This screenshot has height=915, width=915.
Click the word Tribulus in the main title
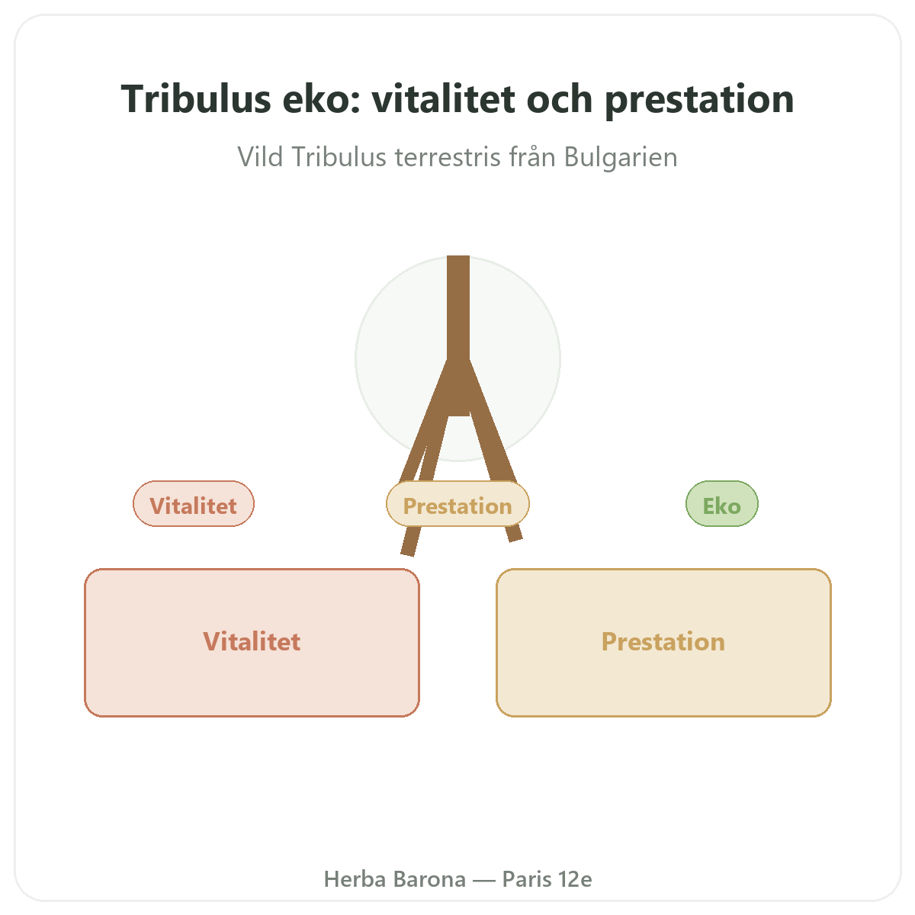click(196, 99)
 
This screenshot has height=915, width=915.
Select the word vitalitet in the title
click(444, 99)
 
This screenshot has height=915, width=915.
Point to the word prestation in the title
click(699, 101)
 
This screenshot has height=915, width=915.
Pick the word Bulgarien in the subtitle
click(621, 157)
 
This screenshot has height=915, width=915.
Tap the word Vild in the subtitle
click(260, 157)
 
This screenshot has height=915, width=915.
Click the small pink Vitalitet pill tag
click(194, 503)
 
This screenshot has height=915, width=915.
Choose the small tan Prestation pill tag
click(457, 503)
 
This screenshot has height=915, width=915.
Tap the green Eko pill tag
click(722, 503)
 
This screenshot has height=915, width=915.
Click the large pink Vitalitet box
click(252, 642)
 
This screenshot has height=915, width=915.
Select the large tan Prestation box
click(663, 642)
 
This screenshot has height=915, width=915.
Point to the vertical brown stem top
click(458, 257)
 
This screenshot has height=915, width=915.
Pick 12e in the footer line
click(575, 879)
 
